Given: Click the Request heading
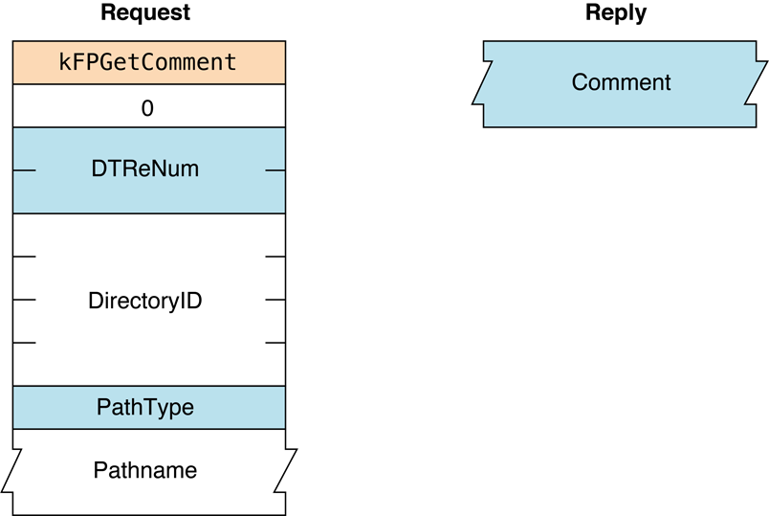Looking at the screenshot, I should click(145, 13).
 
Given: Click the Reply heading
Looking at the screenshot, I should click(615, 13).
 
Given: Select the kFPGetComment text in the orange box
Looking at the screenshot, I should click(148, 63).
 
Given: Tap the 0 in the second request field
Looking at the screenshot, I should click(147, 108).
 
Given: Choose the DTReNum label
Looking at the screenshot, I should click(144, 170).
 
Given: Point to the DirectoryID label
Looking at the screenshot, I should click(145, 301).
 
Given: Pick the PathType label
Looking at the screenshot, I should click(145, 408).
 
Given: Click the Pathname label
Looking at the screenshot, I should click(145, 471).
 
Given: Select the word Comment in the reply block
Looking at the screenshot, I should click(621, 82).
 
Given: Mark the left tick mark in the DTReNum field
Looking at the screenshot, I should click(24, 170).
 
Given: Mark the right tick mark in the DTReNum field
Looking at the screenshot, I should click(275, 170).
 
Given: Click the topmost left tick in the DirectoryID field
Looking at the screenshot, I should click(24, 257).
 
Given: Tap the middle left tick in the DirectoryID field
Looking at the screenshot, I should click(24, 300).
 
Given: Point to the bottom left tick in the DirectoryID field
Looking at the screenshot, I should click(24, 343).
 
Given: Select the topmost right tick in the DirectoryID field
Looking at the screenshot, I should click(275, 257).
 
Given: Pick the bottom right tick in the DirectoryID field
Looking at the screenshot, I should click(275, 343).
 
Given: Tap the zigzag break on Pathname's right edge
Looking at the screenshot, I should click(287, 471).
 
